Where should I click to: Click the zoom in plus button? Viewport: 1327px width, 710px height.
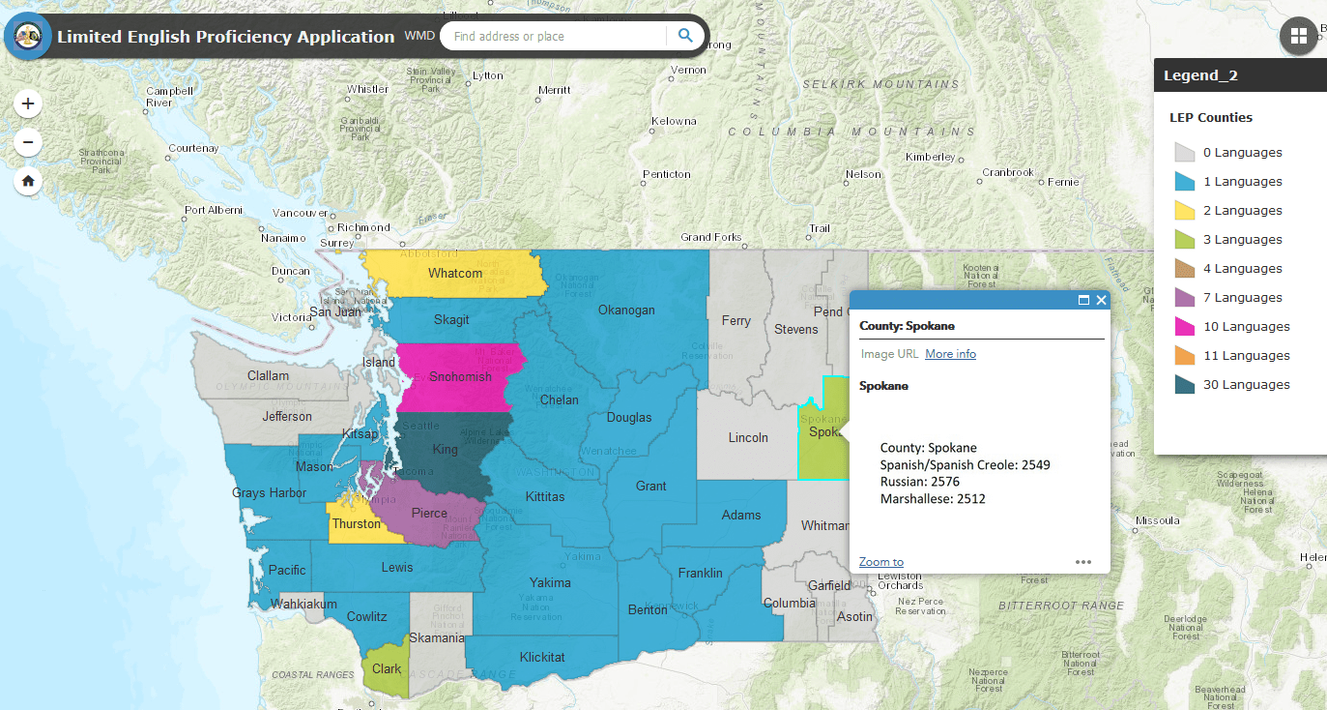28,104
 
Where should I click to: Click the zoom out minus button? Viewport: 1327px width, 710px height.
28,143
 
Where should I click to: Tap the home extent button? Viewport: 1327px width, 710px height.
28,181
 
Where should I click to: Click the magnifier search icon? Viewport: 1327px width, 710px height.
685,36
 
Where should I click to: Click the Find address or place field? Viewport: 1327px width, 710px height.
556,37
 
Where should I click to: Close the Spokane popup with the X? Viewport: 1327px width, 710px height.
1102,301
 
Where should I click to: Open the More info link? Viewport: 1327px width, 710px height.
950,354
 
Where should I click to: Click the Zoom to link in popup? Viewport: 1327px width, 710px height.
880,562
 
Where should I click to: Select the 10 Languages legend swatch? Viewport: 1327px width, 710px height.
1185,327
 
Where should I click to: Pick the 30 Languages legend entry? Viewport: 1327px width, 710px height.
1246,385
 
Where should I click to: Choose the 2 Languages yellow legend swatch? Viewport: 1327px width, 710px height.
1185,211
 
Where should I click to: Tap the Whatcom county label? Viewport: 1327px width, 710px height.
455,274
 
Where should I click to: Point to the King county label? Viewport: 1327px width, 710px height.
446,450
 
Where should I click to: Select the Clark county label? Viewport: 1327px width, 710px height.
387,668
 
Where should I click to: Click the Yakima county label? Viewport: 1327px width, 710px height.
550,582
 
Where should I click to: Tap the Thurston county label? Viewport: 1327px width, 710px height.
357,524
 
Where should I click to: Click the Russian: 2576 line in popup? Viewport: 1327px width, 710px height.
919,482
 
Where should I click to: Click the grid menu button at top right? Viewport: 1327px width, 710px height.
1298,36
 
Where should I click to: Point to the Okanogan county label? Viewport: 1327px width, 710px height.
626,311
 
